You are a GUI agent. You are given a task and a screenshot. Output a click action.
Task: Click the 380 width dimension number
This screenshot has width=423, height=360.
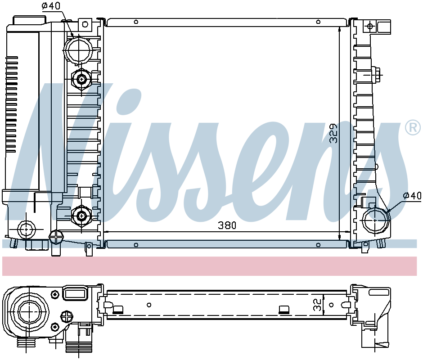click(227, 225)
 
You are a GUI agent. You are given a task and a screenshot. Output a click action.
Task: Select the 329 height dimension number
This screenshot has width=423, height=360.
click(333, 133)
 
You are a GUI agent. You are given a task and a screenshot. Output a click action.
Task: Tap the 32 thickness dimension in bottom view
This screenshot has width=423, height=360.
click(318, 305)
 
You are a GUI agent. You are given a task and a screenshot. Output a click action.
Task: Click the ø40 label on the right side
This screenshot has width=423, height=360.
click(412, 195)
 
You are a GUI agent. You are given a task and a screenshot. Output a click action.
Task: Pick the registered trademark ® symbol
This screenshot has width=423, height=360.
click(413, 128)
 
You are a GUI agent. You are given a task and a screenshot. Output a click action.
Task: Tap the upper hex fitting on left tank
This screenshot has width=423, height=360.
click(81, 80)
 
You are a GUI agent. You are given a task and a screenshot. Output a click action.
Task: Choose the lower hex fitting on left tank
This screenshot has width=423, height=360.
click(81, 216)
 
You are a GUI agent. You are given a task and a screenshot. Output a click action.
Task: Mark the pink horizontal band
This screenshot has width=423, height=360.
click(209, 265)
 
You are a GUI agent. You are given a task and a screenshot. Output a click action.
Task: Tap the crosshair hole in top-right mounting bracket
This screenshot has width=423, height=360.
click(370, 26)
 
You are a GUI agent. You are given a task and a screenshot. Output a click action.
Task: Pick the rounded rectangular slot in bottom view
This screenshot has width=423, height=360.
click(75, 294)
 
